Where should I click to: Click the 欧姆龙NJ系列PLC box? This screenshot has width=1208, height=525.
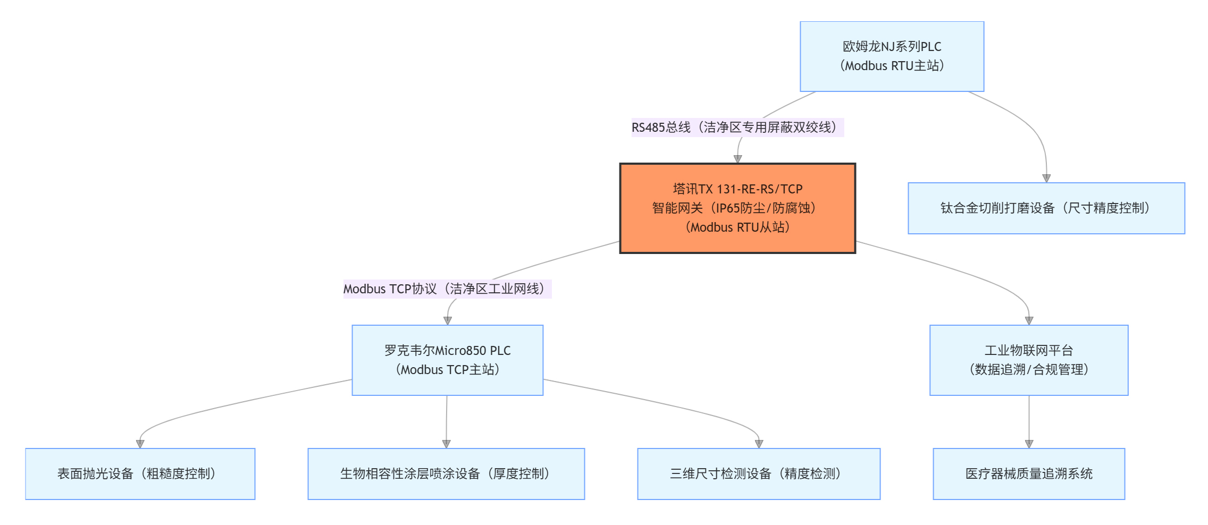pyautogui.click(x=892, y=56)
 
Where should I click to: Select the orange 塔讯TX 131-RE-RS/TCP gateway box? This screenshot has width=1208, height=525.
pyautogui.click(x=737, y=208)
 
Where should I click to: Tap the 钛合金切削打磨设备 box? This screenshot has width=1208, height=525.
pyautogui.click(x=1046, y=208)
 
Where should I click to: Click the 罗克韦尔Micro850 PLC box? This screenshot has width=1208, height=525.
pyautogui.click(x=447, y=360)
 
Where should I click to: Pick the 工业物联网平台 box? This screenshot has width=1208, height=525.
pyautogui.click(x=1028, y=360)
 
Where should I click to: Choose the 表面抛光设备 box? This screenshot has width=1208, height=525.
pyautogui.click(x=140, y=474)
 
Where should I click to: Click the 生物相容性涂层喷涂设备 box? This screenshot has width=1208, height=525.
pyautogui.click(x=446, y=474)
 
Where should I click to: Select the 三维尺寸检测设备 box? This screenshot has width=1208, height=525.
pyautogui.click(x=758, y=474)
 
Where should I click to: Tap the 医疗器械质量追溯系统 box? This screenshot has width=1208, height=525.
pyautogui.click(x=1028, y=474)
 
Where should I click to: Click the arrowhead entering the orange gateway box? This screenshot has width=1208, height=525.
pyautogui.click(x=737, y=159)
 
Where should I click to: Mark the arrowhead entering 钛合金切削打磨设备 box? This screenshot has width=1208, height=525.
pyautogui.click(x=1046, y=178)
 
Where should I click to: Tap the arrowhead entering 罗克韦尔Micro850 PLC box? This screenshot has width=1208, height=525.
pyautogui.click(x=448, y=320)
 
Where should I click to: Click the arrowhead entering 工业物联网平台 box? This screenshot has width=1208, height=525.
pyautogui.click(x=1029, y=320)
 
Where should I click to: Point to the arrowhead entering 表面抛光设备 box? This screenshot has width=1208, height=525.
pyautogui.click(x=140, y=444)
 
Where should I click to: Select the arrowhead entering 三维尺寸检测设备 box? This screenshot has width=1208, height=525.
pyautogui.click(x=759, y=444)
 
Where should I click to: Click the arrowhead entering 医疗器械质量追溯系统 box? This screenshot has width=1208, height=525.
pyautogui.click(x=1029, y=444)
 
